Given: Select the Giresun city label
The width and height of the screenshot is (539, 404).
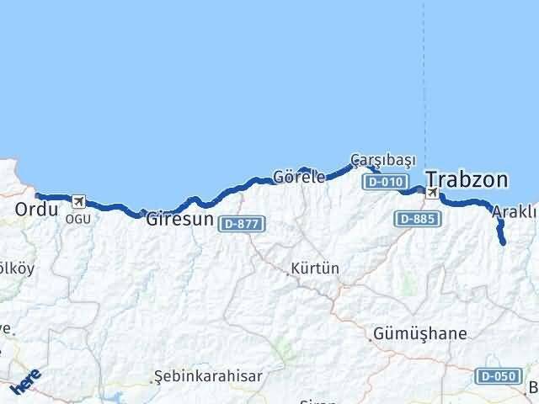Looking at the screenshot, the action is click(x=179, y=221).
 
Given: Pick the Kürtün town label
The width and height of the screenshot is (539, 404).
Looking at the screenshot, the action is click(x=315, y=269).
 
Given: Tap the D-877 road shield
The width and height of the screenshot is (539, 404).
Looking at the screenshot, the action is click(x=243, y=224).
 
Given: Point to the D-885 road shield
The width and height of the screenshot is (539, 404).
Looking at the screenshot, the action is click(x=415, y=218).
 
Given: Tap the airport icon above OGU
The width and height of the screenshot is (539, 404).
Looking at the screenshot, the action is click(x=78, y=201).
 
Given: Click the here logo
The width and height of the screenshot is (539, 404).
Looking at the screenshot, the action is click(x=26, y=381).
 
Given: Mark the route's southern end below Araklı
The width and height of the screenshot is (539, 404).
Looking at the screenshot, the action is click(x=503, y=242).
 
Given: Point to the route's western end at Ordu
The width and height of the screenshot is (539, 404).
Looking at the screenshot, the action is click(x=38, y=196).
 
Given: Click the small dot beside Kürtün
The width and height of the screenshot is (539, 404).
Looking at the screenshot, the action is click(x=287, y=272).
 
